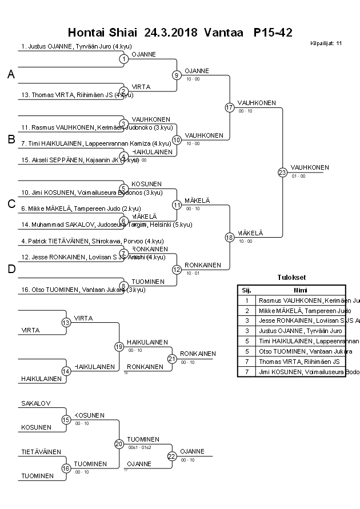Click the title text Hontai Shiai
102,32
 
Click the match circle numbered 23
282,172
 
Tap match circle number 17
229,107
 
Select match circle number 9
177,75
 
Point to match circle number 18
229,237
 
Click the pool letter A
11,74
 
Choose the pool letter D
11,269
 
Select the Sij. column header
246,290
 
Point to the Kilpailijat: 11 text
326,43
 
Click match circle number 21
172,359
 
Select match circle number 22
172,456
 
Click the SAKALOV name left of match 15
36,403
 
